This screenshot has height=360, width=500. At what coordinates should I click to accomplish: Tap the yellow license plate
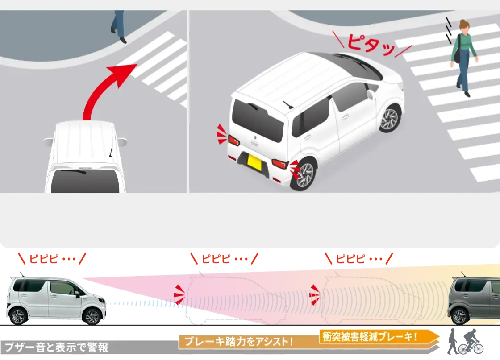pos(254,163)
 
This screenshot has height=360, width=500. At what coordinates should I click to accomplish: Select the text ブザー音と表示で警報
pos(56,347)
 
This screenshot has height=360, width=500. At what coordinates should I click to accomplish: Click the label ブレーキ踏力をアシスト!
pos(238,342)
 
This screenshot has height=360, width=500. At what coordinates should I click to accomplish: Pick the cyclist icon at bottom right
pos(471,342)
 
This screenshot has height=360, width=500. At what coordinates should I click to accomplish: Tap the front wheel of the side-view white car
pos(92,316)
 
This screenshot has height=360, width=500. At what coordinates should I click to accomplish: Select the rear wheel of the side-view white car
pos(18,316)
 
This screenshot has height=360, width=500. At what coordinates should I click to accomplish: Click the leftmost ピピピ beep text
pos(52,259)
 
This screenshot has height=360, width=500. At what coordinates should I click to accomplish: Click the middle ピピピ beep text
pos(225,259)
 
